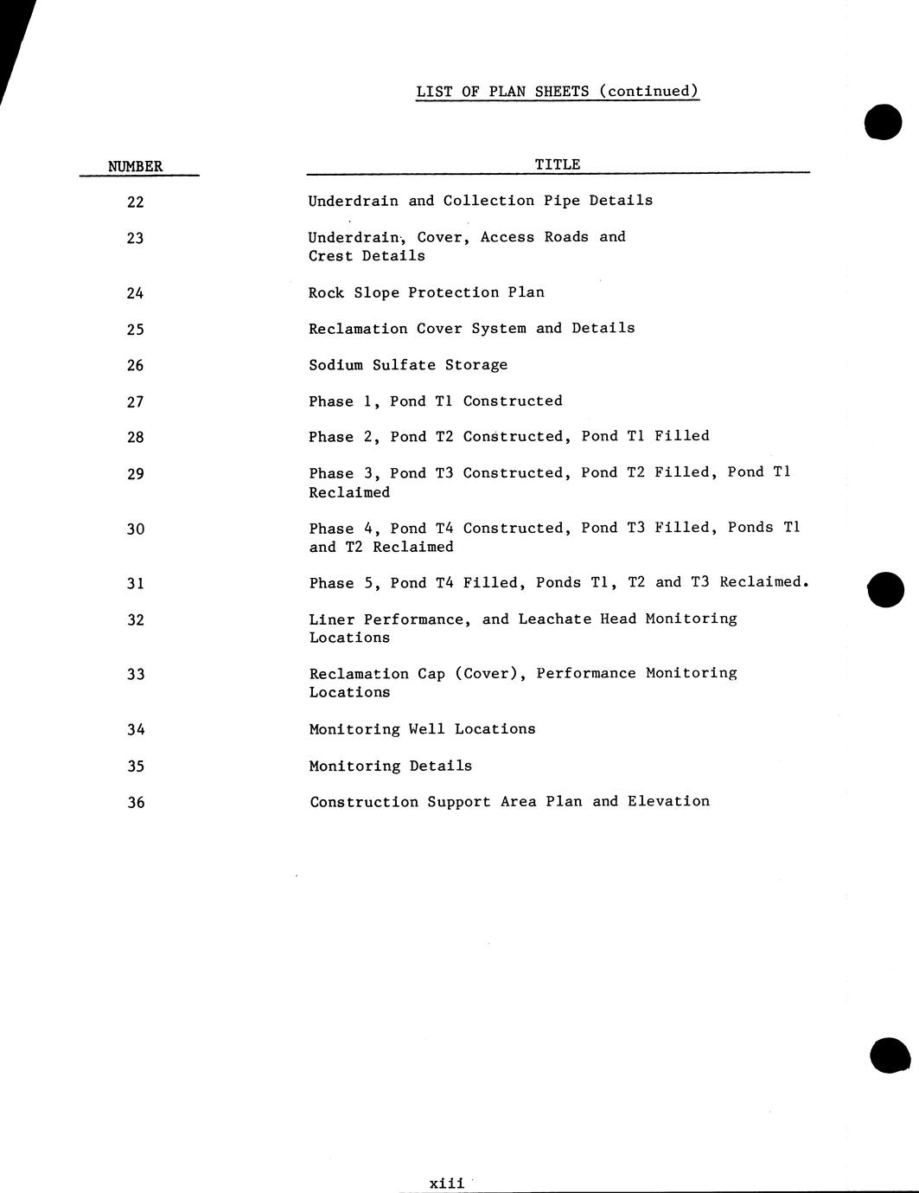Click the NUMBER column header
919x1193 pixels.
click(x=135, y=166)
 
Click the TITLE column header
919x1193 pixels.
click(x=558, y=164)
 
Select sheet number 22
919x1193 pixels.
click(x=135, y=202)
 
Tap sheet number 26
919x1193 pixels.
click(x=135, y=365)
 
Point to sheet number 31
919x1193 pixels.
click(x=135, y=584)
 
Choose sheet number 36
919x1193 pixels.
click(x=136, y=803)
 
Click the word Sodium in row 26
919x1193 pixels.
click(x=335, y=365)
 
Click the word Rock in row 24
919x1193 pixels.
click(x=326, y=292)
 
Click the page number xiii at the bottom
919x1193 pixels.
click(x=447, y=1183)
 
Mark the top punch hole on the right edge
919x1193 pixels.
click(x=883, y=122)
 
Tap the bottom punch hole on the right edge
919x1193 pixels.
click(x=890, y=1055)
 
